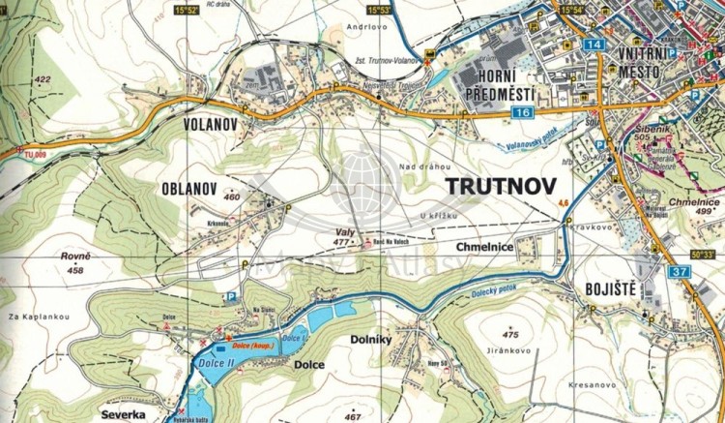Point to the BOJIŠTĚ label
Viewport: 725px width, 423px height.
[604, 287]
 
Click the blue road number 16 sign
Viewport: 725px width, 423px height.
[523, 114]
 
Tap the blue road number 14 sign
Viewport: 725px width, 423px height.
[594, 45]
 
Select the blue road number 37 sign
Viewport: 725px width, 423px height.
[680, 272]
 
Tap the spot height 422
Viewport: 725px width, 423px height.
[42, 79]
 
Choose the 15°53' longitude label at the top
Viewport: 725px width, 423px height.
[379, 11]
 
